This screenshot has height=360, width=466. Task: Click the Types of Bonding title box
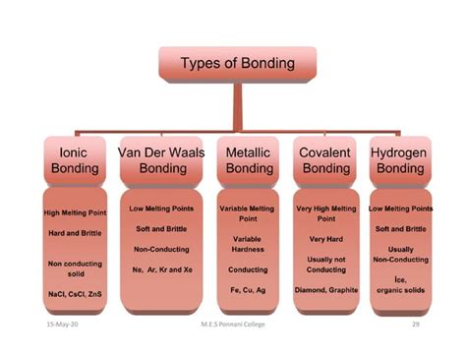pos(237,64)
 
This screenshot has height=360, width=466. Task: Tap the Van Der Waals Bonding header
pos(161,160)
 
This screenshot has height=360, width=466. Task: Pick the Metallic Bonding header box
pos(249,160)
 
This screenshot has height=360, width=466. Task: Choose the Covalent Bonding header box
pos(325,160)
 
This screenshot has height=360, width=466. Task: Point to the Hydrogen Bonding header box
pos(400,160)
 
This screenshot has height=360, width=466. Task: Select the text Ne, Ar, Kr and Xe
pos(162,269)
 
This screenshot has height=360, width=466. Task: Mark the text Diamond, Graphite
pos(325,290)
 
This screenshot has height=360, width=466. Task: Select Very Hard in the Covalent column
pos(325,239)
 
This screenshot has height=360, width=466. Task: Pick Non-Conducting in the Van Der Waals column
pos(162,249)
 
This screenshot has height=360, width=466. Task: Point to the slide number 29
pos(416,324)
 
